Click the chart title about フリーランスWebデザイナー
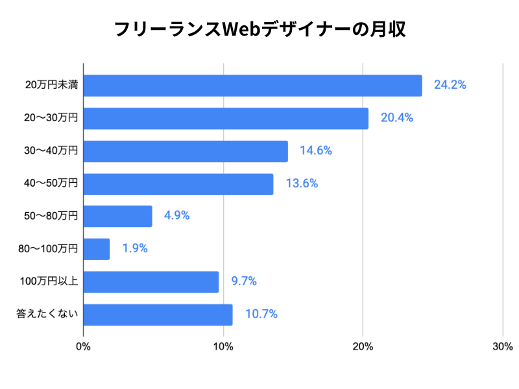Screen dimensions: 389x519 [x=259, y=30]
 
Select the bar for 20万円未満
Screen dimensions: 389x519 [x=252, y=86]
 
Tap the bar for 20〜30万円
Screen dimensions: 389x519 [x=226, y=118]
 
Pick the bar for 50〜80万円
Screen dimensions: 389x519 [x=117, y=216]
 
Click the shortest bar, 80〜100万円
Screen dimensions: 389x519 [x=97, y=249]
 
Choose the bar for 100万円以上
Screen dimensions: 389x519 [x=151, y=281]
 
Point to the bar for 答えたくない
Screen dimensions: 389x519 [x=158, y=314]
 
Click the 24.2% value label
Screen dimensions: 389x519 [x=450, y=85]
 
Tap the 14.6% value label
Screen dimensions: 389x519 [x=316, y=150]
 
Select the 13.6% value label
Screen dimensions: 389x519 [x=302, y=183]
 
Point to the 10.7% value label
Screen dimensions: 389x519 [x=261, y=314]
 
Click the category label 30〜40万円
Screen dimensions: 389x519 [x=51, y=150]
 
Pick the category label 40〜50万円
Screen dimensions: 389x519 [x=51, y=183]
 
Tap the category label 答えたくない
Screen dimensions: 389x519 [x=47, y=314]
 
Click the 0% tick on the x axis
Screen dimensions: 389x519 [x=83, y=346]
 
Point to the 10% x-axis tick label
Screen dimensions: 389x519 [x=223, y=346]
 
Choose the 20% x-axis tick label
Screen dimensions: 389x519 [x=363, y=346]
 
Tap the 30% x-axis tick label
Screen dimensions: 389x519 [x=503, y=346]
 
